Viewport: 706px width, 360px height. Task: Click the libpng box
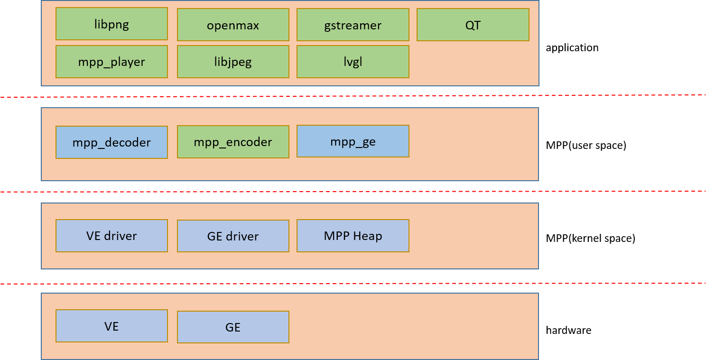pos(111,24)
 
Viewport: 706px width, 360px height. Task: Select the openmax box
pos(233,25)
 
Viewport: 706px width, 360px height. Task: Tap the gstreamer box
pos(353,25)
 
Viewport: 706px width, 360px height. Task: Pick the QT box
pos(473,25)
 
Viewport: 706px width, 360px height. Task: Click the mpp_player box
pos(111,62)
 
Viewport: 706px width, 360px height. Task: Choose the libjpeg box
pos(233,62)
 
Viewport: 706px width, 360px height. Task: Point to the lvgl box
pos(353,62)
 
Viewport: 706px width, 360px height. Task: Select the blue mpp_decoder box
pos(111,142)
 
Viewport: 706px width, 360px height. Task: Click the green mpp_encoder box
pos(233,142)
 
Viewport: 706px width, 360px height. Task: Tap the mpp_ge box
pos(353,141)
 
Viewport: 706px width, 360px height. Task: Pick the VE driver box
pos(111,236)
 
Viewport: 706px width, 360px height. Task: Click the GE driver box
pos(233,236)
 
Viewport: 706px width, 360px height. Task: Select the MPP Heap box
pos(353,236)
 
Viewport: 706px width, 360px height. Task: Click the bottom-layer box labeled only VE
pos(111,326)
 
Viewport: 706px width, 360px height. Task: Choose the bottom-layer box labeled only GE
pos(233,327)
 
